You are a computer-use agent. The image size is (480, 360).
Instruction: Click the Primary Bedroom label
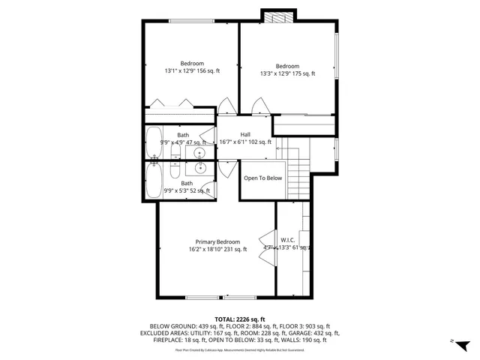coord(217,242)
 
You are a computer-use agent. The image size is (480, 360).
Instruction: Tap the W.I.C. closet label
coord(287,240)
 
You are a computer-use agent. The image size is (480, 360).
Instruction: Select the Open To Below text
coord(262,178)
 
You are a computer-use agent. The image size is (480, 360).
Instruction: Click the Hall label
coord(245,133)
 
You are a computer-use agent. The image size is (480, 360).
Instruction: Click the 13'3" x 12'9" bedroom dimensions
coord(287,73)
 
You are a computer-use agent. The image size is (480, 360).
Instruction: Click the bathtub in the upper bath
coord(154,142)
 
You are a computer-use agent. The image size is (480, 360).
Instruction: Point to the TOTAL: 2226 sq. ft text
coord(240,319)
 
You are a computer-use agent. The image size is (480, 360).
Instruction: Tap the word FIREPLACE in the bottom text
coord(155,340)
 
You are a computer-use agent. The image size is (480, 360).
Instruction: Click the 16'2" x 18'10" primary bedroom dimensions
coord(217,250)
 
